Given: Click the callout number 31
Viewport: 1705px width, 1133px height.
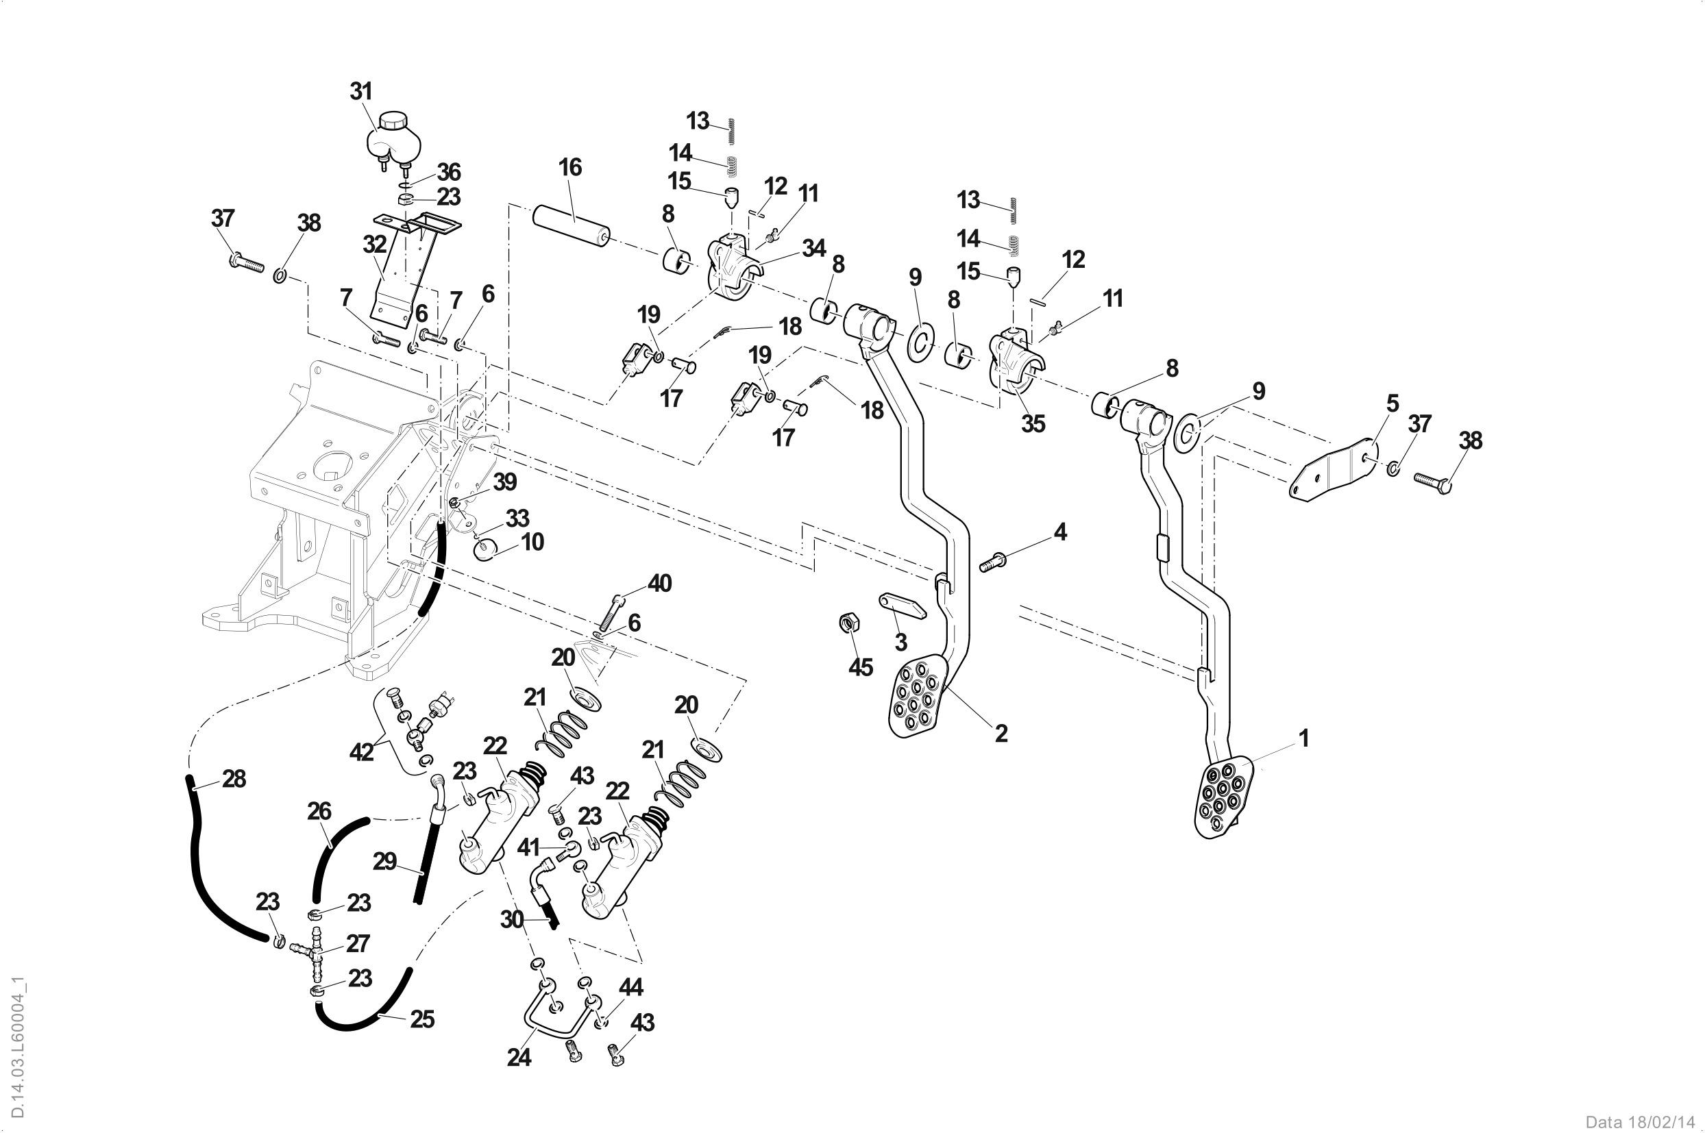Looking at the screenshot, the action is [361, 92].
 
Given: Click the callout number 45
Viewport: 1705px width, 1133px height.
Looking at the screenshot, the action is [860, 667].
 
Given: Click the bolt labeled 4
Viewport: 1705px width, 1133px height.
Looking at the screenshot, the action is [993, 561].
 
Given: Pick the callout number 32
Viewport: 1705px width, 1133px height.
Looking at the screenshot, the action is [374, 245].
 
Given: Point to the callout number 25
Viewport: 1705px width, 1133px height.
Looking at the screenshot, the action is [422, 1019].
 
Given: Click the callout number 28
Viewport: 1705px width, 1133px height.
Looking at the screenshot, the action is [234, 779].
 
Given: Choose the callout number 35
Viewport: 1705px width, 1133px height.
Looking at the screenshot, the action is [1033, 423].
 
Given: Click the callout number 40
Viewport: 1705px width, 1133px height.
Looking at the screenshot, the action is [659, 583].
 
